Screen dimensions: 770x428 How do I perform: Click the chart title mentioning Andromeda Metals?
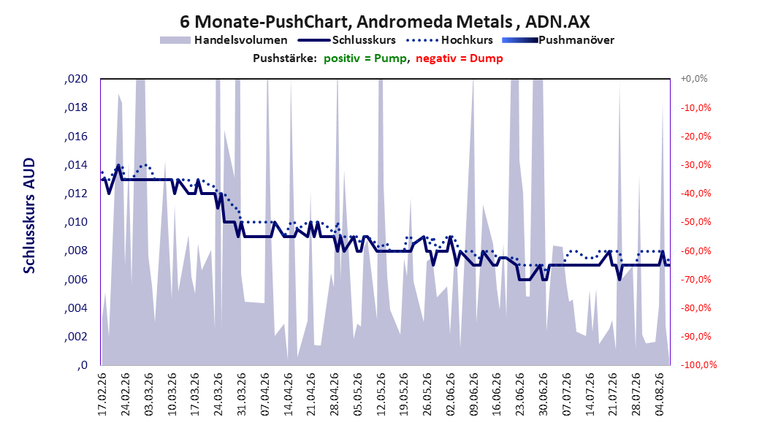point(384,22)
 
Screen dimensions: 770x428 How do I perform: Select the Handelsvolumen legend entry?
point(224,40)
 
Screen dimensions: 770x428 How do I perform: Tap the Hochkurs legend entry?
point(450,40)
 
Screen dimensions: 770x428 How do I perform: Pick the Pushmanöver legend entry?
point(558,40)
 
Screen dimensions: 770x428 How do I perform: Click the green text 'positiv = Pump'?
point(365,58)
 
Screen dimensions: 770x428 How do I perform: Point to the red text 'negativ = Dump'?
point(460,58)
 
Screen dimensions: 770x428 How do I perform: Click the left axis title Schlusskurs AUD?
point(29,215)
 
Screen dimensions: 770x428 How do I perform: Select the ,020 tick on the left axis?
point(76,79)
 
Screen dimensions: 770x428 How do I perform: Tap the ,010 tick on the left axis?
point(76,222)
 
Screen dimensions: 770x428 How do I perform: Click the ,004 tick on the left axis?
point(76,307)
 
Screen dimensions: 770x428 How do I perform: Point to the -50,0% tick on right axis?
point(695,222)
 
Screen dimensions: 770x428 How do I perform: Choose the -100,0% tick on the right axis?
point(698,364)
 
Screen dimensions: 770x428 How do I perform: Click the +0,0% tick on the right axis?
point(694,79)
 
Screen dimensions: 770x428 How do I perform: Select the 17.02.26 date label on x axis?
point(102,394)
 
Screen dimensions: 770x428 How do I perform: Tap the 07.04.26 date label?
point(265,394)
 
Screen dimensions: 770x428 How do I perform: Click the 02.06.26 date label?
point(451,394)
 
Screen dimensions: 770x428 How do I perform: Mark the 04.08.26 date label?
point(660,394)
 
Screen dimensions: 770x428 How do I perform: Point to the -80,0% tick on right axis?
point(695,307)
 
